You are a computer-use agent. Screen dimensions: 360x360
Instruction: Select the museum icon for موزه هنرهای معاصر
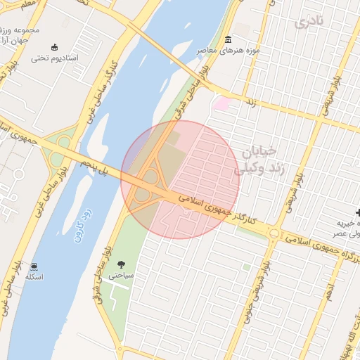[x=227, y=39]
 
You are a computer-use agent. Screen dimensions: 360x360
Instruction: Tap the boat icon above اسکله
[x=34, y=266]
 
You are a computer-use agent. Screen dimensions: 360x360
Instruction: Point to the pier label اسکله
[x=34, y=277]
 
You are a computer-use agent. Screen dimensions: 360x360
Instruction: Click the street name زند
[x=250, y=102]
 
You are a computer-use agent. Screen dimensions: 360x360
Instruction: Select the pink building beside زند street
[x=222, y=104]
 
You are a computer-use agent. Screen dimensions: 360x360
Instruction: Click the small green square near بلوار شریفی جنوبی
[x=246, y=267]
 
